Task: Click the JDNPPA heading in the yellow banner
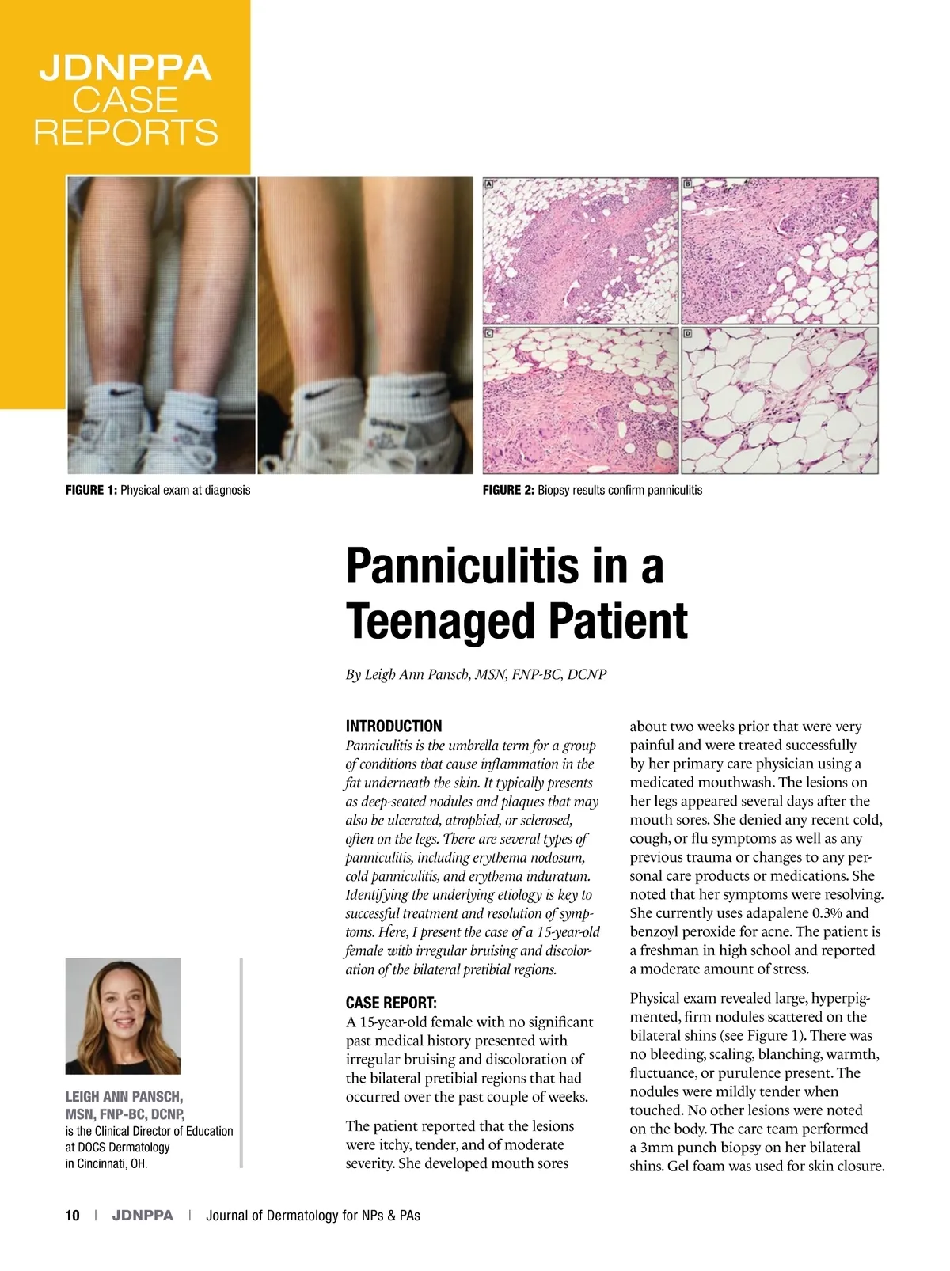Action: (125, 69)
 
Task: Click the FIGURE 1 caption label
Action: (91, 490)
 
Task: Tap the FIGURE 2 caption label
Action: (508, 490)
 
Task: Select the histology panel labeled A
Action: (580, 250)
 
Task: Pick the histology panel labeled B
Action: (780, 250)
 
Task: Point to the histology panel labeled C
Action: (580, 400)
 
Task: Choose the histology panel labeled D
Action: (780, 400)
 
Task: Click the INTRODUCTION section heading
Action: (393, 726)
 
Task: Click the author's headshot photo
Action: (123, 1016)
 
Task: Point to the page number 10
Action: (73, 1216)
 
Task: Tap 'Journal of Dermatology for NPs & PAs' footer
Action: (313, 1216)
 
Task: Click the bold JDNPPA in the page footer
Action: (142, 1216)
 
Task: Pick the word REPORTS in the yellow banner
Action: (125, 132)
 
